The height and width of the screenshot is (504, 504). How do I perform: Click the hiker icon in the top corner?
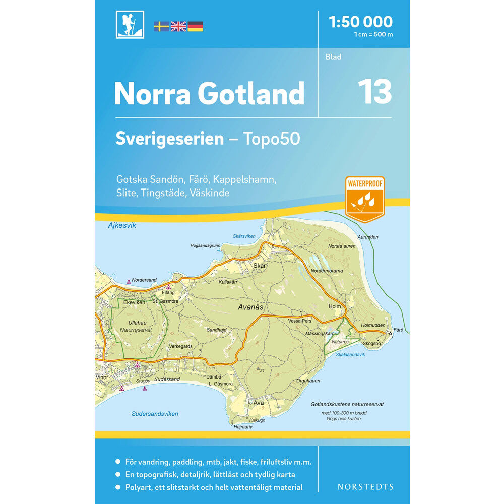(x=130, y=24)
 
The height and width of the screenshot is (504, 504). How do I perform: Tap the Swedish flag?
(x=161, y=26)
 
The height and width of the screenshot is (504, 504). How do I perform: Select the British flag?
(x=178, y=26)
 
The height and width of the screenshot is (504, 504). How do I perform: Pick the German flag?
(x=196, y=26)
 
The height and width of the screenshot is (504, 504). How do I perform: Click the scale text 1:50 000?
(x=360, y=22)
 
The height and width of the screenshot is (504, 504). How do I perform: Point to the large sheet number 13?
(x=374, y=91)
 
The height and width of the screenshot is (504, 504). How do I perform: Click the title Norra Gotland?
(x=209, y=93)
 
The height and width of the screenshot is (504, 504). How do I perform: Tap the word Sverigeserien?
(x=169, y=139)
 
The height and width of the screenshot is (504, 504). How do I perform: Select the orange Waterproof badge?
(x=365, y=199)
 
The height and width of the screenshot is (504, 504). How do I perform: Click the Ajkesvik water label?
(x=122, y=226)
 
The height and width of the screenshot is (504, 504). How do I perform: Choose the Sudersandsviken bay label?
(x=155, y=414)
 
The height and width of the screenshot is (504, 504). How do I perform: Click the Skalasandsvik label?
(x=350, y=355)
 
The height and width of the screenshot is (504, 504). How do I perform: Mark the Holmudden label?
(x=373, y=326)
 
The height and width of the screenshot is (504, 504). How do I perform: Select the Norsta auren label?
(x=342, y=246)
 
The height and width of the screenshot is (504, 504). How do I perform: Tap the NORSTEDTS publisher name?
(x=365, y=487)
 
